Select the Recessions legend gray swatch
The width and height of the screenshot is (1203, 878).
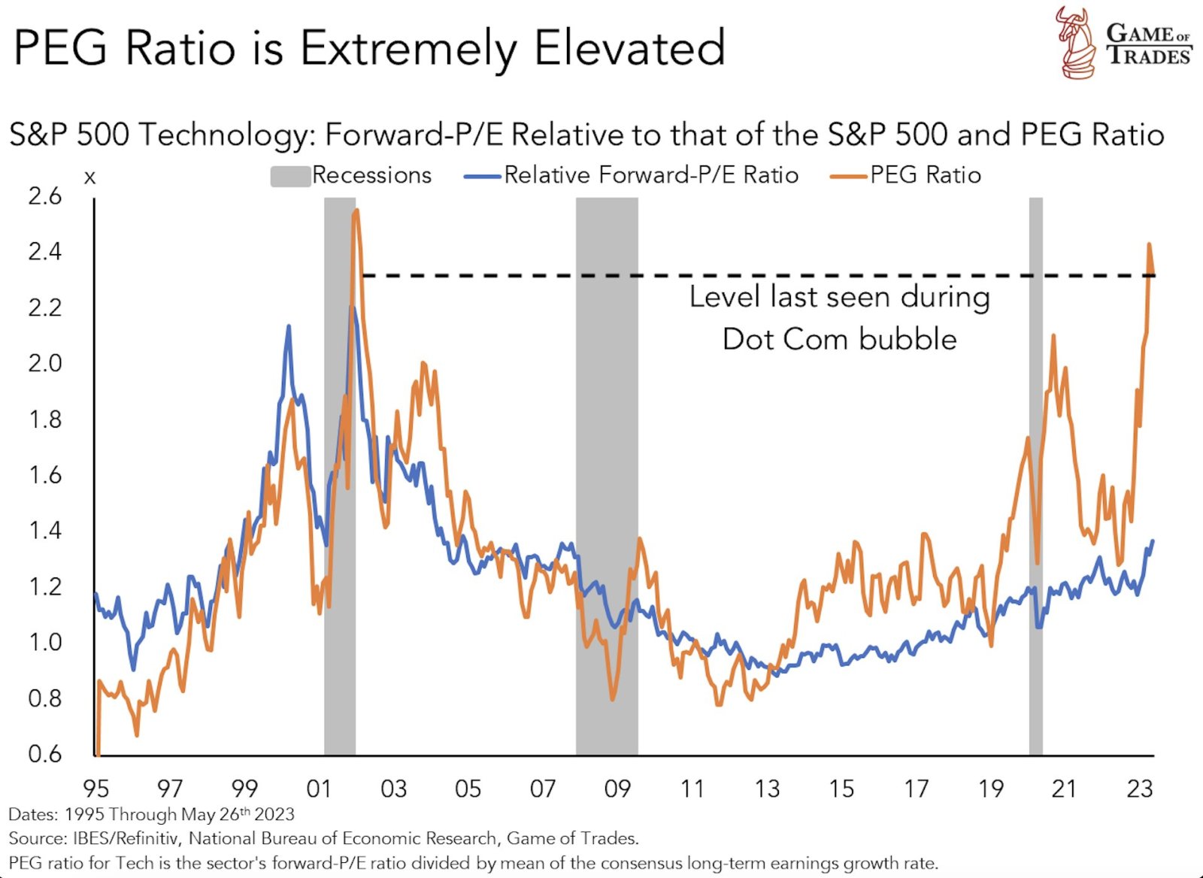pos(290,176)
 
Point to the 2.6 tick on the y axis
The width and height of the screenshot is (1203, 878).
pos(44,197)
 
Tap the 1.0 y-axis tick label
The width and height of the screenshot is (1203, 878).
pos(44,643)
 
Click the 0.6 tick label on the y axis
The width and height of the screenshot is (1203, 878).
pos(44,754)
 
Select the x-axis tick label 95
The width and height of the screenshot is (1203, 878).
pos(95,789)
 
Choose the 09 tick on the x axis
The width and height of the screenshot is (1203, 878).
pos(617,789)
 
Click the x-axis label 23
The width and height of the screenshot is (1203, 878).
pos(1140,789)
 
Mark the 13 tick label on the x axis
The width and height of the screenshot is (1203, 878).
pos(767,789)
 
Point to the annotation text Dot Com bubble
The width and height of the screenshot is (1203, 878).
pos(839,340)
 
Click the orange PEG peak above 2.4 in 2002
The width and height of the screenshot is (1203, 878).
pos(356,211)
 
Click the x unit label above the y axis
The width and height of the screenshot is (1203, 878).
pos(90,178)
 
